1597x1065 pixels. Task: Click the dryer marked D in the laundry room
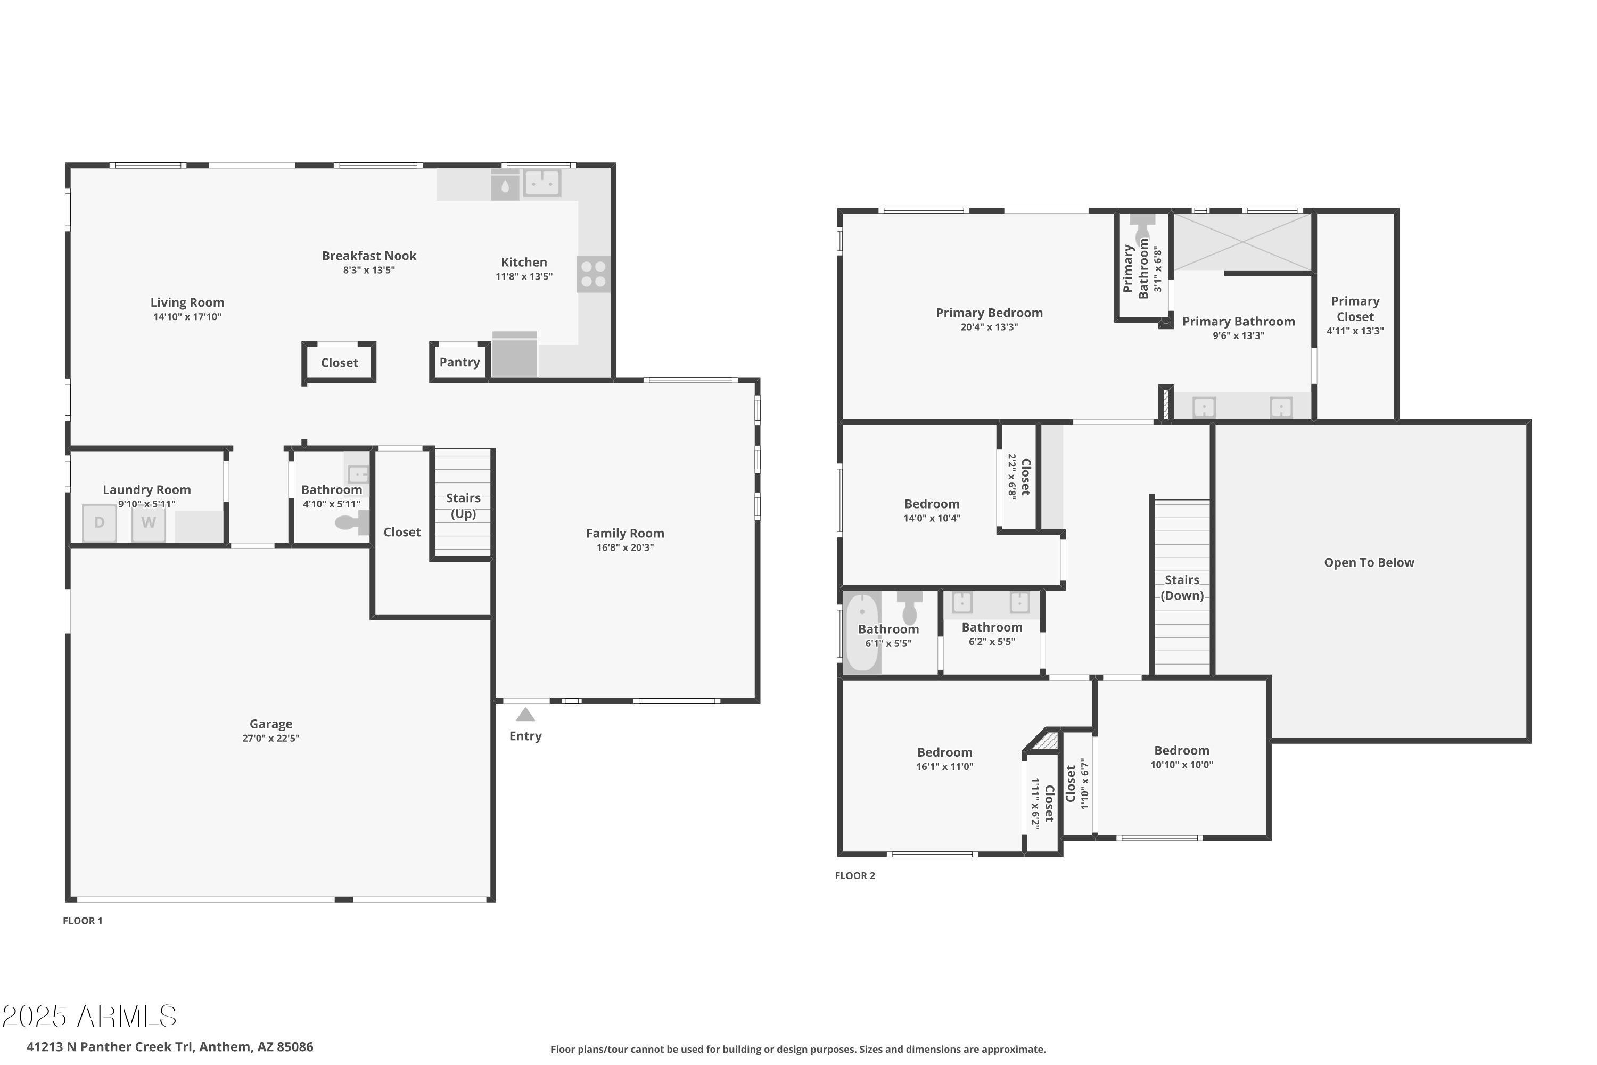pos(99,523)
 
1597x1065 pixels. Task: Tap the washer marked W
pos(149,523)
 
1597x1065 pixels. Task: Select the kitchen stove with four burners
pos(594,274)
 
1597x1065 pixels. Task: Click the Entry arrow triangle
pos(525,715)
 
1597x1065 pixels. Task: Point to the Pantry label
pos(460,362)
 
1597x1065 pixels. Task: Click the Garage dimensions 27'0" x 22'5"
pos(271,738)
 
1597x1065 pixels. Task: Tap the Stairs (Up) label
pos(463,506)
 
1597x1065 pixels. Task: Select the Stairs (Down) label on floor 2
pos(1182,587)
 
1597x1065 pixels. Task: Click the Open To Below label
pos(1369,562)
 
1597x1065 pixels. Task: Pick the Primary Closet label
pos(1355,309)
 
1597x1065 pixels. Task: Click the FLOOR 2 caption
pos(855,875)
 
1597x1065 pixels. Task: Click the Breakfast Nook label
pos(369,256)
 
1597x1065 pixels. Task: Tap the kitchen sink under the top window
pos(542,183)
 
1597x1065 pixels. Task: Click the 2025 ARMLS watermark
pos(89,1017)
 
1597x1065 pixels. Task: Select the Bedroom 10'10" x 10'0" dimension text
pos(1181,765)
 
